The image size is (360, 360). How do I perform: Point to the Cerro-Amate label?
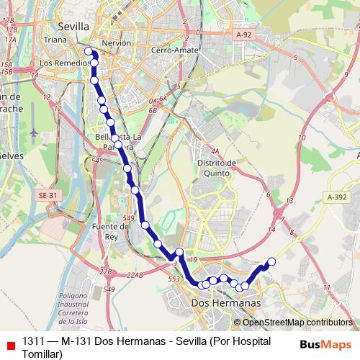pyautogui.click(x=171, y=50)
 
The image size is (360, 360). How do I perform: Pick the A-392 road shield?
pyautogui.click(x=336, y=197)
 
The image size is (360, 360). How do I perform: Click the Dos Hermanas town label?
pyautogui.click(x=226, y=303)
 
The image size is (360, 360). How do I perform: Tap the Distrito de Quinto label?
pyautogui.click(x=217, y=168)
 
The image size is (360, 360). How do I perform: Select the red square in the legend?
pyautogui.click(x=9, y=346)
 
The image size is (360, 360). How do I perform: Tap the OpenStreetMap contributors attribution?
pyautogui.click(x=297, y=323)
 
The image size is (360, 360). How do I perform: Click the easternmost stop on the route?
pyautogui.click(x=272, y=262)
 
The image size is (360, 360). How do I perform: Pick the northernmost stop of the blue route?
pyautogui.click(x=89, y=51)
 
